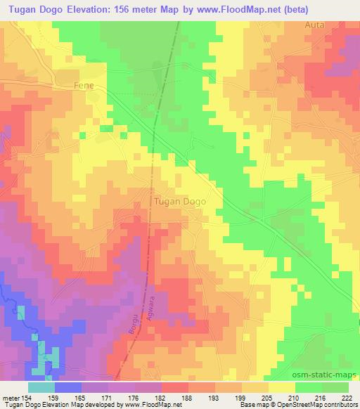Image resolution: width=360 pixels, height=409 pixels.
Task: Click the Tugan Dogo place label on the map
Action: click(x=179, y=201)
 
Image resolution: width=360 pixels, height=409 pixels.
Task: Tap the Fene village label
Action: click(x=84, y=86)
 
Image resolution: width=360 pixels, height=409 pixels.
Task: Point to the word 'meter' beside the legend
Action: click(x=11, y=397)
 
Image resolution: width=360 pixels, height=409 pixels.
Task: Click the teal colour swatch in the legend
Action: click(x=41, y=387)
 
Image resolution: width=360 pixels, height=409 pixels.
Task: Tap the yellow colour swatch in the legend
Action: click(x=281, y=387)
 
